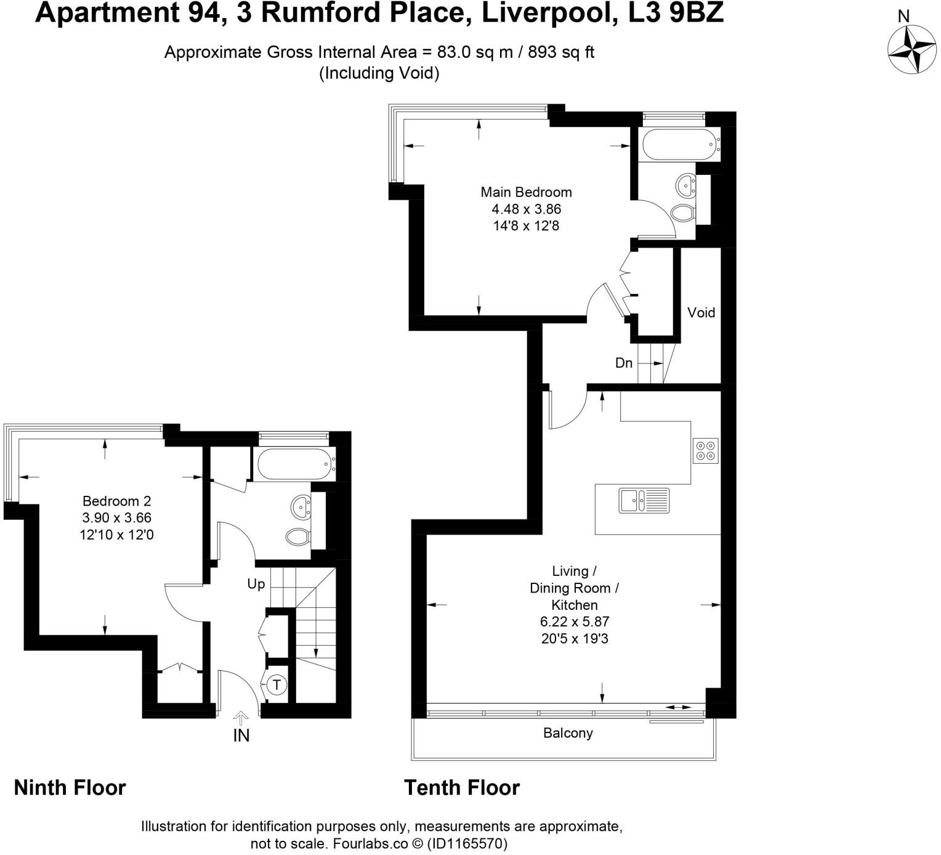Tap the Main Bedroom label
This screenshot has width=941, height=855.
click(x=526, y=192)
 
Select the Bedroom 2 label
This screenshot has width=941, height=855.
click(x=116, y=501)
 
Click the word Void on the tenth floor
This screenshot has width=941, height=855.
click(x=701, y=312)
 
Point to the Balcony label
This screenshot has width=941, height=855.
click(x=568, y=733)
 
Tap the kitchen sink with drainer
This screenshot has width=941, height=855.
click(x=644, y=500)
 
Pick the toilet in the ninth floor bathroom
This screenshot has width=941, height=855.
click(x=298, y=537)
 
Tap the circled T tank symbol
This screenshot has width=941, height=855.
click(x=277, y=684)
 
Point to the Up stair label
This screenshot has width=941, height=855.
click(x=256, y=583)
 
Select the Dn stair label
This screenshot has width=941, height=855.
click(x=624, y=363)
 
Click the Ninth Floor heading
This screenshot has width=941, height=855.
click(x=70, y=788)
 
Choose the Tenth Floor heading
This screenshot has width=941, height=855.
click(x=462, y=788)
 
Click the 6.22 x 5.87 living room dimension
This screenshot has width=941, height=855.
click(x=575, y=622)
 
